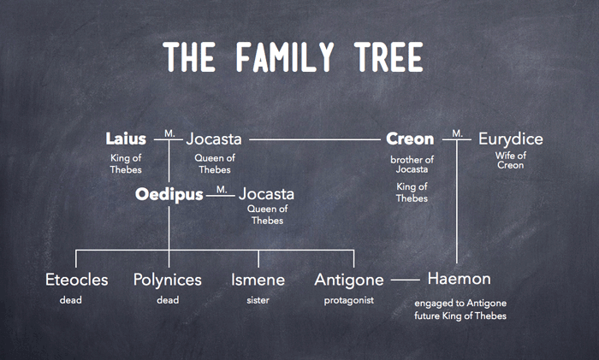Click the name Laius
pos(126,139)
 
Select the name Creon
pos(410,139)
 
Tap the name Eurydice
pos(510,139)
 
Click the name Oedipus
pos(169,194)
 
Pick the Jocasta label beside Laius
pos(214,139)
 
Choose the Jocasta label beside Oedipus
pos(266,194)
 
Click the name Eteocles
pos(76,280)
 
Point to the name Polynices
pos(168,280)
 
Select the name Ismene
pos(258,280)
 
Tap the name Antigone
pos(349,280)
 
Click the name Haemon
pos(459,278)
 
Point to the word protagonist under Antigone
pos(349,301)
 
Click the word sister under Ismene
pos(258,300)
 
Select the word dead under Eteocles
pos(71,300)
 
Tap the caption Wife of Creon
pos(510,161)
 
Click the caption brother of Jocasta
pos(412,164)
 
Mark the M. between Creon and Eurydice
pos(457,133)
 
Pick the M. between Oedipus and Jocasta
pos(222,189)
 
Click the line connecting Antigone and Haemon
pos(406,280)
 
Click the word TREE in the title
pos(388,57)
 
